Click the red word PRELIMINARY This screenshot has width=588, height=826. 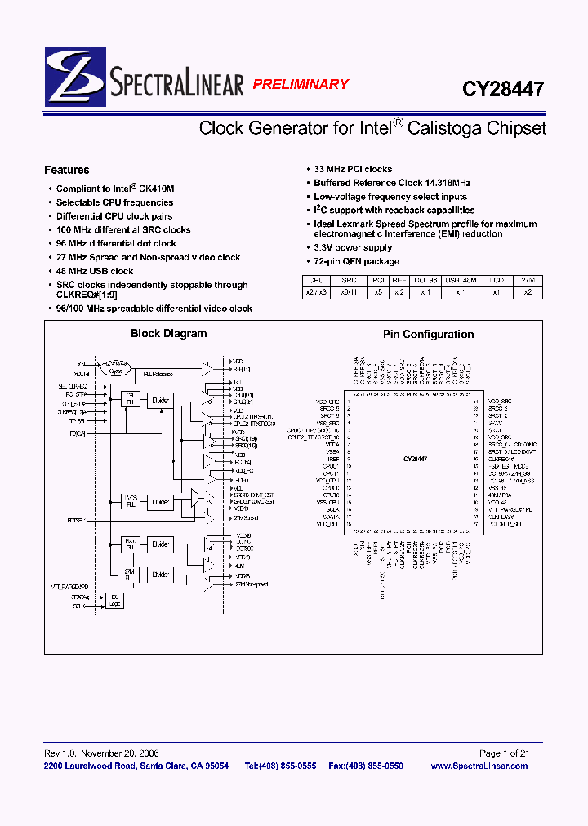300,84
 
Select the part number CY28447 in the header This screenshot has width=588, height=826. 503,88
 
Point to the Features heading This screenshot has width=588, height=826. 67,170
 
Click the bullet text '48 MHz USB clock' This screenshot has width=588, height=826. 95,271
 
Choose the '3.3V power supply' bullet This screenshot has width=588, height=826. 353,247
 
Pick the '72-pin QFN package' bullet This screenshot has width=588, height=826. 357,261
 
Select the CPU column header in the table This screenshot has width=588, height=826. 315,280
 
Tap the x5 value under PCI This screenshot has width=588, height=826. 378,291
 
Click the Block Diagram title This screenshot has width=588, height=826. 169,333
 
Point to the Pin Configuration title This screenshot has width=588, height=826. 428,334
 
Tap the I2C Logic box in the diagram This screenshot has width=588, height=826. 114,601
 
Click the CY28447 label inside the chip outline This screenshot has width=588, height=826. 414,460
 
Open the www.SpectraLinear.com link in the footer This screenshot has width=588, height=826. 479,766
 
